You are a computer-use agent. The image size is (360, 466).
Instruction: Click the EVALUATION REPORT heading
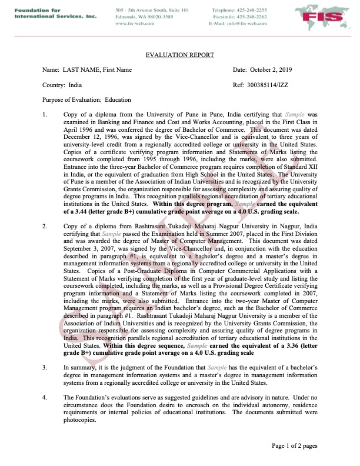(179, 55)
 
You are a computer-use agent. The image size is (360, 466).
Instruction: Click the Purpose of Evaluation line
(87, 100)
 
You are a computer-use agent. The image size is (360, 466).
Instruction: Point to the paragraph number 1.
(45, 115)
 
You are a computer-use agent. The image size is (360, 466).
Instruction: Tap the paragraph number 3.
(45, 367)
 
